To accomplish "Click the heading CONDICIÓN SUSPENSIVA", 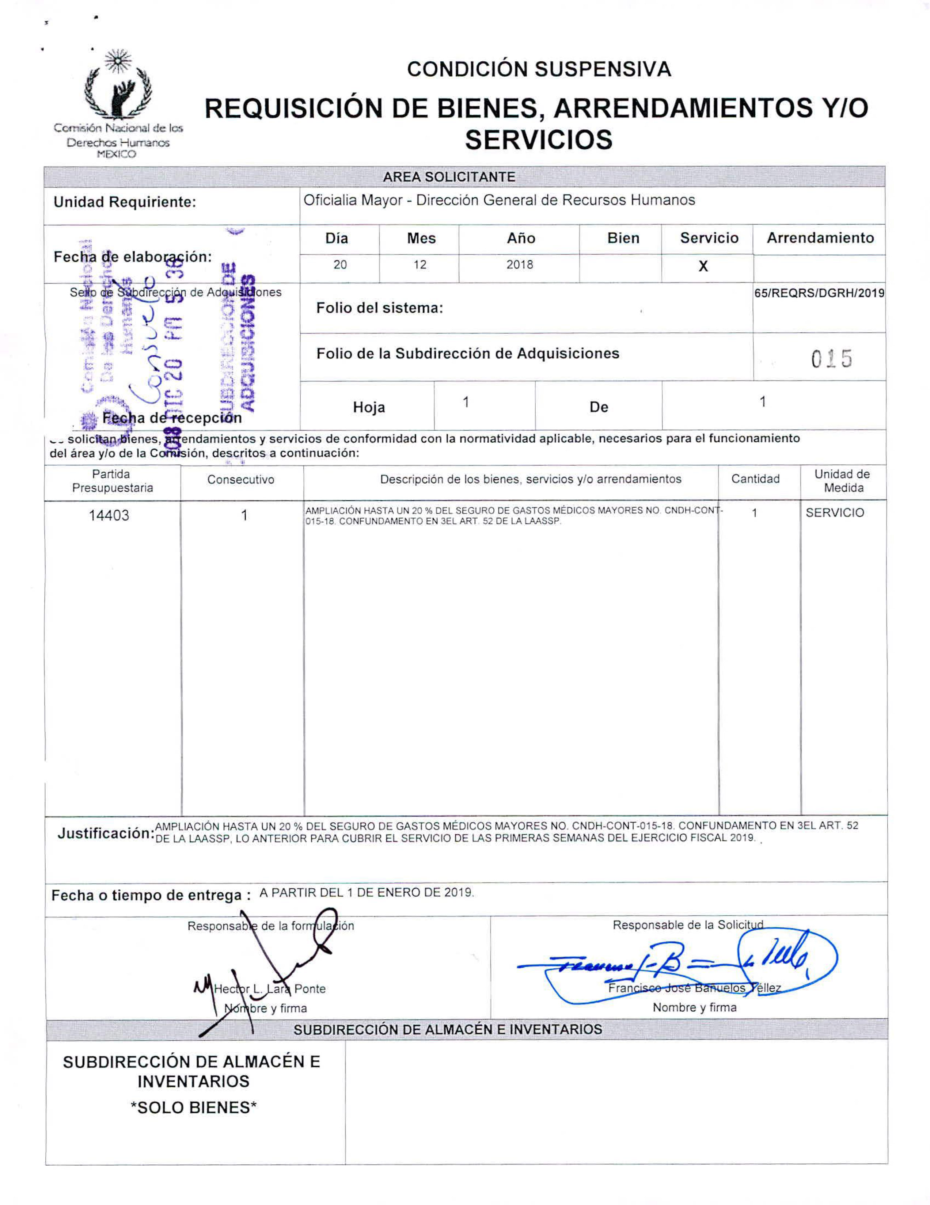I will coord(539,69).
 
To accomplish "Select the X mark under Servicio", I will coord(703,267).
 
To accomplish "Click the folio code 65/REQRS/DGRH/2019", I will coord(819,293).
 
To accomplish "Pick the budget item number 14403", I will coord(109,515).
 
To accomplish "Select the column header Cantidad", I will coord(755,479).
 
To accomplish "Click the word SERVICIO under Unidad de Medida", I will coord(835,512).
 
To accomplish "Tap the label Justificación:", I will coord(105,834).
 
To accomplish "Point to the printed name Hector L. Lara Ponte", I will coord(269,989).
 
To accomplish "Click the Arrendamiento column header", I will coord(820,239).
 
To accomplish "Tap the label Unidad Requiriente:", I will coord(125,202).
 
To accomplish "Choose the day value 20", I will coord(340,265).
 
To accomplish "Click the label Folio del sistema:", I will coord(379,308).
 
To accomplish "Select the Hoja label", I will coord(369,408).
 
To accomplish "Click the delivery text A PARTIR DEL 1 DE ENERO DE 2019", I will coord(367,893).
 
